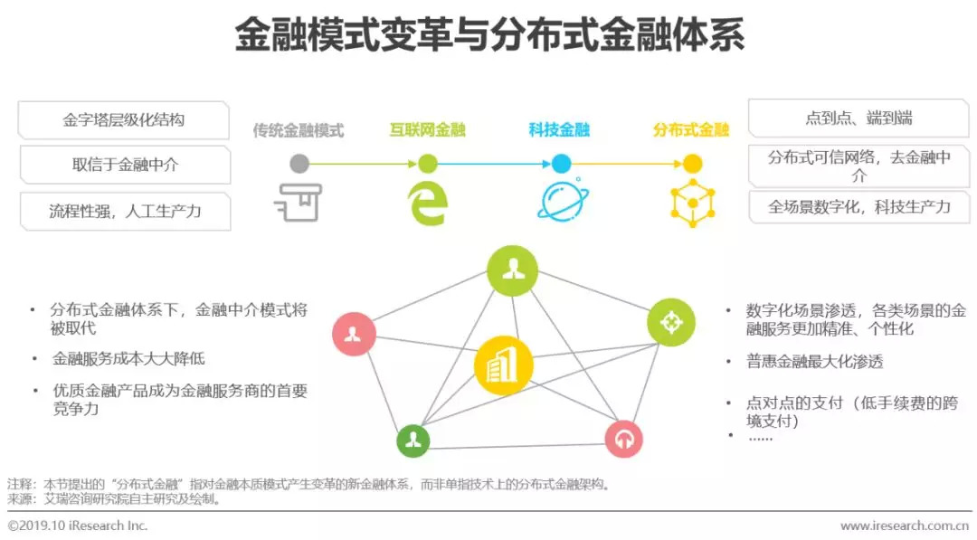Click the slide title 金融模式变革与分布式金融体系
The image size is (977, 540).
coord(488,36)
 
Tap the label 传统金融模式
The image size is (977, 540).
coord(299,130)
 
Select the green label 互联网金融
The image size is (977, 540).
coord(427,130)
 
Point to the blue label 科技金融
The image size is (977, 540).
coord(559,130)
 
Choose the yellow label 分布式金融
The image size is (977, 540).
coord(691,130)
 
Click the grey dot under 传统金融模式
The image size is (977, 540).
coord(299,164)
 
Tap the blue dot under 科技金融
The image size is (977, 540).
coord(561,164)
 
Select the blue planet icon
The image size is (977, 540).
coord(561,202)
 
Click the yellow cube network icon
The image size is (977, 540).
coord(692,202)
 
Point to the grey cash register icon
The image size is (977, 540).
coord(298,202)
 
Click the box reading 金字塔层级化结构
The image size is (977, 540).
coord(124,120)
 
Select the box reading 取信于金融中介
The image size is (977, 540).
coord(125,166)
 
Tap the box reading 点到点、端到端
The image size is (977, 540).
coord(858,118)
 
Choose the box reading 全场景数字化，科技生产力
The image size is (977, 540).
coord(858,207)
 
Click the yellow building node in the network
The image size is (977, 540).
coord(503,365)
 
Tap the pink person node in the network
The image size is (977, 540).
coord(353,334)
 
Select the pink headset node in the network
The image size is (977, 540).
coord(623,439)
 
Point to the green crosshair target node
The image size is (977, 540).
coord(671,322)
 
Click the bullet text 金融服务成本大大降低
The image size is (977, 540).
coord(128,359)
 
